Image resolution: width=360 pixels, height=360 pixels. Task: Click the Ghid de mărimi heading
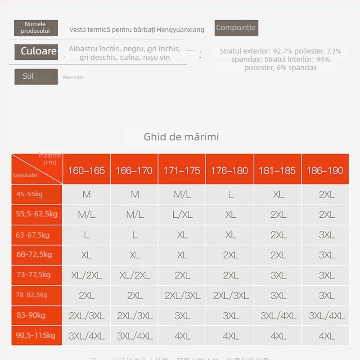point(181,137)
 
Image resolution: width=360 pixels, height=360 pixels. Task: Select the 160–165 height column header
point(86,171)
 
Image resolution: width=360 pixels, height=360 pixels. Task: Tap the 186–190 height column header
point(325,171)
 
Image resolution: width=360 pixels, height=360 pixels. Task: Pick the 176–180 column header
point(229,171)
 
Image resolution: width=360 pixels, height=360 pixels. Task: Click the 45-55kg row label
point(30,194)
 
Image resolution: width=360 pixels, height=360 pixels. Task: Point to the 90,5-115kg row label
point(36,335)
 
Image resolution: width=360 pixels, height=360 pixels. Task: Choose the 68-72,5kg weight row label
point(34,255)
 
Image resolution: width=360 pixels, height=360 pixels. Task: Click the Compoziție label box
point(236,28)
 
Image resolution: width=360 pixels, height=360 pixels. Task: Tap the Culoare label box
point(38,51)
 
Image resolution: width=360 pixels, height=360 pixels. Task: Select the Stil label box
point(36,76)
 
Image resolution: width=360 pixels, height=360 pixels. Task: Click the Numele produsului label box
point(36,28)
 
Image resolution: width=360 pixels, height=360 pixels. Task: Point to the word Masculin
point(73,77)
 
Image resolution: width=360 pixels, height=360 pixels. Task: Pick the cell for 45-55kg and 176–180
point(230,194)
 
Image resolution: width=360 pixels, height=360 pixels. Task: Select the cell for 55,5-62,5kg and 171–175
point(182,215)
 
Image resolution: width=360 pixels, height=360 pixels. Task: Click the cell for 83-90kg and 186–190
point(327,316)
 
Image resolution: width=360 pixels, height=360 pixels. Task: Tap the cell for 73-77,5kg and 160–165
point(86,275)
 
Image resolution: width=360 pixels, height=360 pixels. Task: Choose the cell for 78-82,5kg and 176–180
point(230,296)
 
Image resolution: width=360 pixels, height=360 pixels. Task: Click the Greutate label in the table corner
point(25,175)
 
